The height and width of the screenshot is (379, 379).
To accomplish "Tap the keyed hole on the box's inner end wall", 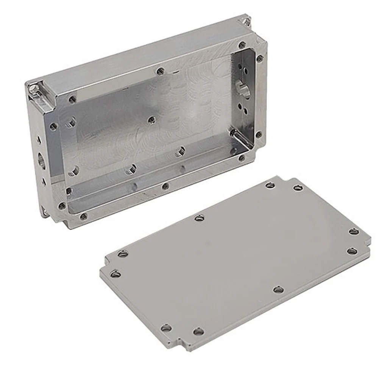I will click(x=241, y=86).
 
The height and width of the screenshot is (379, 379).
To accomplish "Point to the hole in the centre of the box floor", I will click(x=151, y=120).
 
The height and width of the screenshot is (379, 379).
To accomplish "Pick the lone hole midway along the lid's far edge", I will click(x=199, y=218).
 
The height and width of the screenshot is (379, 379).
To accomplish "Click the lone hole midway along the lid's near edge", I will click(x=279, y=290).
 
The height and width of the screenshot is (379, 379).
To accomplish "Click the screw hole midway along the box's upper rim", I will click(x=161, y=70).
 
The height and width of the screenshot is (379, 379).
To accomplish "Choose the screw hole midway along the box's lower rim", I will click(x=165, y=186).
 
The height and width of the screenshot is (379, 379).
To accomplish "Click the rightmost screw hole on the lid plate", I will click(x=354, y=231).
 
